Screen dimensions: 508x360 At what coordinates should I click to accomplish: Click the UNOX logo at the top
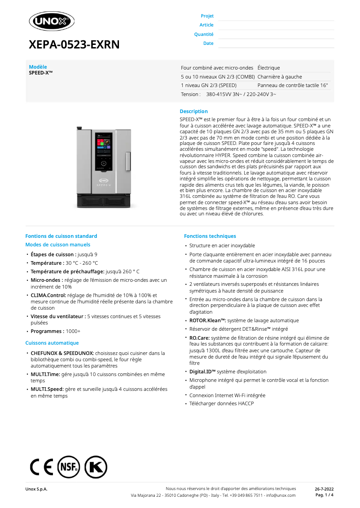tap(52, 21)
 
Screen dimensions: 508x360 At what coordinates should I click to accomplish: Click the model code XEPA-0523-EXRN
tap(74, 44)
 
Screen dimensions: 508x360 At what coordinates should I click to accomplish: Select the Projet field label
tap(207, 16)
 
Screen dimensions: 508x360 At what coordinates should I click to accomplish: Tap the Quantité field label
tap(204, 35)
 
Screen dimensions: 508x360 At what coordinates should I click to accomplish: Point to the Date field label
tap(208, 44)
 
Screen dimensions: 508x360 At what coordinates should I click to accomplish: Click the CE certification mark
tap(41, 467)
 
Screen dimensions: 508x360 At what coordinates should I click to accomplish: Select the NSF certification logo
tap(68, 467)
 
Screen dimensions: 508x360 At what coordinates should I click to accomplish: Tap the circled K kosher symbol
tap(96, 467)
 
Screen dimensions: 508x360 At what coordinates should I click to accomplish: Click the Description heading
tap(193, 111)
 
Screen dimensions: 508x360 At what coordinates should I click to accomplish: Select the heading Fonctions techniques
tap(210, 236)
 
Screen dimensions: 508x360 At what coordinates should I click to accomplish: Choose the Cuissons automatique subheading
tap(52, 343)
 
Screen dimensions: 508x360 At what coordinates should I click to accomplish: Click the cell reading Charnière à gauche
tap(280, 77)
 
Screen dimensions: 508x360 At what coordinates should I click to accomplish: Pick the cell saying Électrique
tap(268, 68)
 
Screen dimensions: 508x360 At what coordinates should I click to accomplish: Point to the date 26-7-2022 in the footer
tap(324, 489)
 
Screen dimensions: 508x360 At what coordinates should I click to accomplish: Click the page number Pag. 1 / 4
tap(324, 495)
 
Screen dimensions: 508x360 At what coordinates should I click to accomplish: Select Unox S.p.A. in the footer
tap(36, 489)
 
